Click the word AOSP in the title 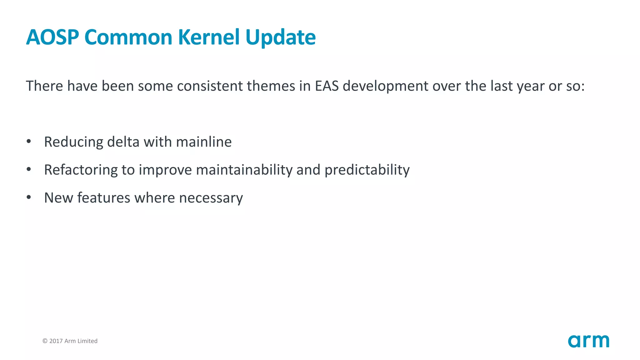click(x=52, y=37)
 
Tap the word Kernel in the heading click(x=209, y=37)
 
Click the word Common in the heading click(x=128, y=37)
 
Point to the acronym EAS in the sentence click(x=327, y=86)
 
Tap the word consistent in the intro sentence click(x=210, y=86)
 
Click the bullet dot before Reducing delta click(x=29, y=142)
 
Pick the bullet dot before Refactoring click(x=29, y=169)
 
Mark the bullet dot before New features click(x=29, y=197)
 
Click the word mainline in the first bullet click(x=204, y=142)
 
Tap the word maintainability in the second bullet click(x=244, y=170)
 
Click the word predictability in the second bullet click(x=367, y=170)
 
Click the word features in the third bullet click(x=103, y=198)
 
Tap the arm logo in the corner click(x=588, y=341)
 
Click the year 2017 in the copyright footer click(x=56, y=341)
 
